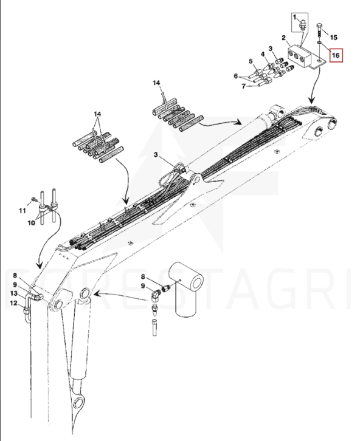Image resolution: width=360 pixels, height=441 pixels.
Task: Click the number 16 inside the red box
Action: point(336,55)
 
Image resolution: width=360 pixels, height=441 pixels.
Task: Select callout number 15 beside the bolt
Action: point(333,38)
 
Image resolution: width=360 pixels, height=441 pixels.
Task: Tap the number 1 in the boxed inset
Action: point(295,18)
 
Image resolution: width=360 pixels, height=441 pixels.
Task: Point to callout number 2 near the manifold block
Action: point(284,38)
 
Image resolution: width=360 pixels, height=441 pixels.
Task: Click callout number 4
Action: point(263,53)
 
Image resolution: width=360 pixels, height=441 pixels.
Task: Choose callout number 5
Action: point(251,61)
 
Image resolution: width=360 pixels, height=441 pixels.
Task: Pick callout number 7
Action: point(244,86)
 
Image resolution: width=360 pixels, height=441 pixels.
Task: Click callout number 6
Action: point(236,76)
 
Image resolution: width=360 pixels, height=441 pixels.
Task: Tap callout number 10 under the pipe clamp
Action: point(31,223)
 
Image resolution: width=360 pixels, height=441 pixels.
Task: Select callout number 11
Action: point(22,210)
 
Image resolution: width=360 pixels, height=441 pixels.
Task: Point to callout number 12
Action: point(13,303)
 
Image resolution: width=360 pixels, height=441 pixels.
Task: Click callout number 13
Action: point(14,293)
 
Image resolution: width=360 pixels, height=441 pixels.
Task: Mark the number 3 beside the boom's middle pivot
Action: point(157,154)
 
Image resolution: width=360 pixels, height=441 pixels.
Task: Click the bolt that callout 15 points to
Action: point(320,30)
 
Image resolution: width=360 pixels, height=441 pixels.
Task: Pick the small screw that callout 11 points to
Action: point(33,199)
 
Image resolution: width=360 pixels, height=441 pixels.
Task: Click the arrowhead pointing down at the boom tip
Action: point(311,100)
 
